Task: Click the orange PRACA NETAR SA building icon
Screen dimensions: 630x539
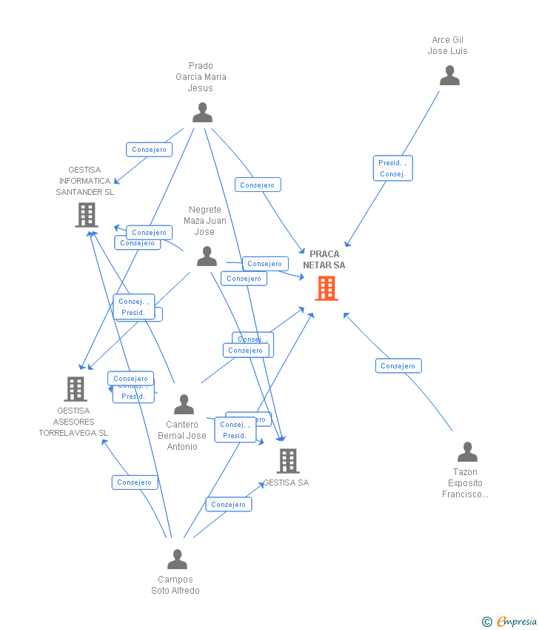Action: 327,288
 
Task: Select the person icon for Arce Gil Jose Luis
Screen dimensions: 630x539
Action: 449,76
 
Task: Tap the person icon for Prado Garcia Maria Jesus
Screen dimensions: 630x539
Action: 202,113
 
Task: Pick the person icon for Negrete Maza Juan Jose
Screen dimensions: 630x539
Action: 207,256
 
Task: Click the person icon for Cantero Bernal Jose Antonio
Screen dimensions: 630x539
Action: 184,405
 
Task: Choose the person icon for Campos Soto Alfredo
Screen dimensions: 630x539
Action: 177,560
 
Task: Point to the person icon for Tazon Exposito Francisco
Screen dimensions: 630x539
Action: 467,452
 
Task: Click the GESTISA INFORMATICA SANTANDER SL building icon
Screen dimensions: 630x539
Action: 87,215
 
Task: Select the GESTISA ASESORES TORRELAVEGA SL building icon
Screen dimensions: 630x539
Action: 75,388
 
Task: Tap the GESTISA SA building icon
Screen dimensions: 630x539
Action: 288,461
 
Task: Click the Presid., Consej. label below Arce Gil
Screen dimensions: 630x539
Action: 392,168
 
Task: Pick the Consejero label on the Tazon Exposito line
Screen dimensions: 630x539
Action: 398,365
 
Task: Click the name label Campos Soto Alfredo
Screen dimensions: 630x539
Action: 175,585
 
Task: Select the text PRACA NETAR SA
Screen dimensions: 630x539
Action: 324,259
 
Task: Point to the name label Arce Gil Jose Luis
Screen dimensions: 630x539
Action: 447,45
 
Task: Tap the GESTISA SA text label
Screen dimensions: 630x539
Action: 287,483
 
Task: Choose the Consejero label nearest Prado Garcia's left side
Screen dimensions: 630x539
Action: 149,150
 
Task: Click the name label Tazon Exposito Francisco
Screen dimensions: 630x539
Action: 465,483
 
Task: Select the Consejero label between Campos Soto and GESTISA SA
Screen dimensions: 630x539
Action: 228,505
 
